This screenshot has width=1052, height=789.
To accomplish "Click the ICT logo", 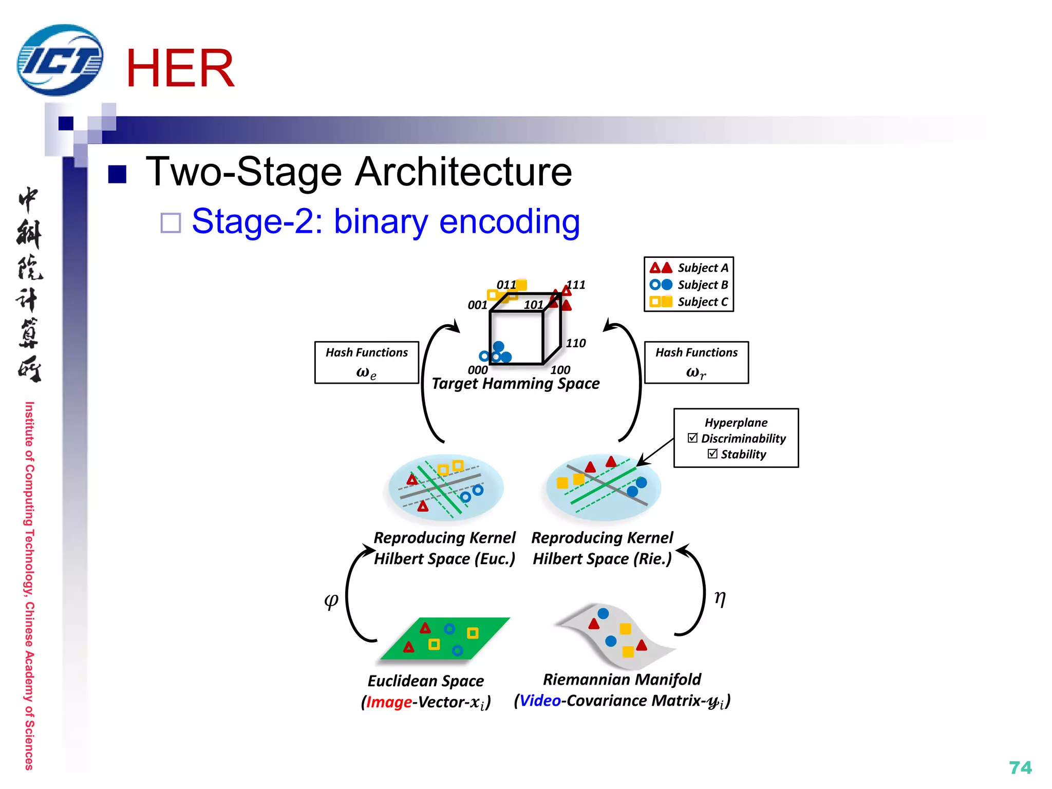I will [60, 61].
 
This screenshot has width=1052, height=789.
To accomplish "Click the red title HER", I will [180, 68].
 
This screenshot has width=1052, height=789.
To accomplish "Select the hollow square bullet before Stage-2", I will [171, 223].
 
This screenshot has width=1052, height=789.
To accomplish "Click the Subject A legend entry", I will [688, 268].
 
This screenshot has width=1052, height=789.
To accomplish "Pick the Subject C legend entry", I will [688, 302].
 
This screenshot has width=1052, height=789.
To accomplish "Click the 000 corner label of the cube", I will [477, 370].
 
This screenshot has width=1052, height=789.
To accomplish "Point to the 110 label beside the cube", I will [576, 343].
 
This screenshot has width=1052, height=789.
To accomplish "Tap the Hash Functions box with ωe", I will [366, 363].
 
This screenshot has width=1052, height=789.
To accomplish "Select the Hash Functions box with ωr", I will [696, 363].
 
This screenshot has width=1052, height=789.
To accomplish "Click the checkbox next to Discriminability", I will [692, 438].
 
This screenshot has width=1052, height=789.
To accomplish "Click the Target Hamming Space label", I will [515, 384].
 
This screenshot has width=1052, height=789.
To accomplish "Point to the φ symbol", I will [331, 599].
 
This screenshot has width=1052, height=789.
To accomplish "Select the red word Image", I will [389, 702].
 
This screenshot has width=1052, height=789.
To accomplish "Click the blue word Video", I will [540, 701].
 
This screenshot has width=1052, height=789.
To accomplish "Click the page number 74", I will [1020, 767].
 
